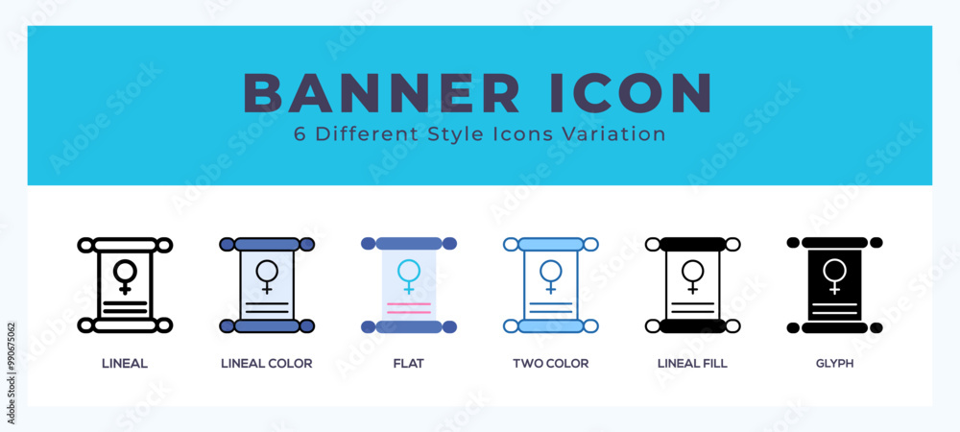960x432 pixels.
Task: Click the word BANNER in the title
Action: pyautogui.click(x=381, y=93)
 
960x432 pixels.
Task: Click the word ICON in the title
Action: pyautogui.click(x=632, y=93)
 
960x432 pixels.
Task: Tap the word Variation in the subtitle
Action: pyautogui.click(x=617, y=134)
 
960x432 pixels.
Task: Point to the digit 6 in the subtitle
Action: pyautogui.click(x=300, y=134)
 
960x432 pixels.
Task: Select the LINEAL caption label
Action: pyautogui.click(x=125, y=364)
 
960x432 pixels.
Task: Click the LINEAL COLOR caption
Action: pyautogui.click(x=266, y=364)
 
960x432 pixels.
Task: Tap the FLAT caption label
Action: pyautogui.click(x=408, y=364)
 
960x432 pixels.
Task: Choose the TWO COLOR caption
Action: pyautogui.click(x=550, y=364)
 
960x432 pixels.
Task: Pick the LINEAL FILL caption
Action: pyautogui.click(x=692, y=364)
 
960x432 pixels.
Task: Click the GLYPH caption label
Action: pyautogui.click(x=834, y=364)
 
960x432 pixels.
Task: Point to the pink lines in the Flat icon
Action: pyautogui.click(x=408, y=308)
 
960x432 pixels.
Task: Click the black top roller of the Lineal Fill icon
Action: pyautogui.click(x=692, y=244)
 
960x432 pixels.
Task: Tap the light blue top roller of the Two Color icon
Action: pyautogui.click(x=550, y=244)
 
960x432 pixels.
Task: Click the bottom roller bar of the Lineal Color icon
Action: pyautogui.click(x=266, y=325)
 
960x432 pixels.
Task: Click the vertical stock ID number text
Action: pyautogui.click(x=11, y=373)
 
